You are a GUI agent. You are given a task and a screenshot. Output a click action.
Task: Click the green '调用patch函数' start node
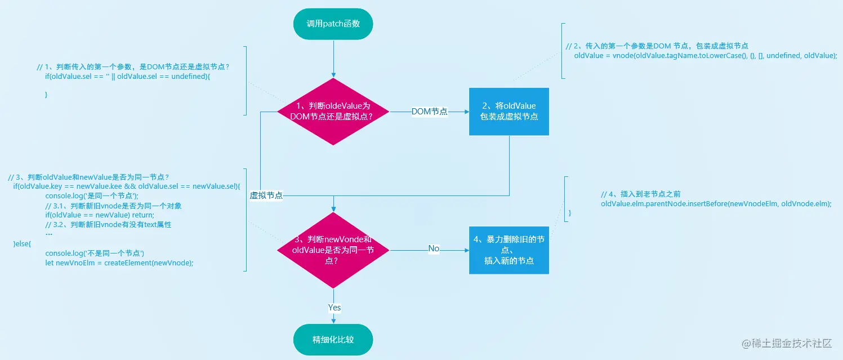click(x=333, y=24)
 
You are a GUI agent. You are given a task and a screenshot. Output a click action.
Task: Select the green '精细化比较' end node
click(x=333, y=340)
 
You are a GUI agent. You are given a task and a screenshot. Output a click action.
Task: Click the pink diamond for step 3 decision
click(x=333, y=250)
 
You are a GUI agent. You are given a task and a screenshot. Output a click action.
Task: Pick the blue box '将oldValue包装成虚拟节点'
click(x=509, y=112)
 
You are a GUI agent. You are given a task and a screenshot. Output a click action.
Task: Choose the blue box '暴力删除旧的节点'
click(x=509, y=250)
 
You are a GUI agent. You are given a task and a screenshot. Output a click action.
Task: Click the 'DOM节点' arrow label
click(x=429, y=112)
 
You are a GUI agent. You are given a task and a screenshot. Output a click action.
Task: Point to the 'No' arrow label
click(x=434, y=248)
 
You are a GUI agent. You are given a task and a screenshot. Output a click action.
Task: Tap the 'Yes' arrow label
click(x=334, y=308)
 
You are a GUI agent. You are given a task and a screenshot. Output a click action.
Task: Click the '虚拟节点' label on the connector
click(x=266, y=195)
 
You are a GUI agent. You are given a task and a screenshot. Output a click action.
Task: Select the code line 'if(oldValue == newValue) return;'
click(x=100, y=215)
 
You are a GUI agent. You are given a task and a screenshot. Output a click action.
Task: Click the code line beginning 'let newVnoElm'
click(x=119, y=263)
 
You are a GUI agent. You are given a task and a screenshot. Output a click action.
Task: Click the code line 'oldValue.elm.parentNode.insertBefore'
click(x=716, y=203)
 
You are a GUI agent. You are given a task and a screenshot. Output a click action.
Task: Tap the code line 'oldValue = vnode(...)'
click(x=705, y=56)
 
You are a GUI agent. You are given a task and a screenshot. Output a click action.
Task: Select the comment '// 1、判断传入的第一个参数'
click(x=133, y=66)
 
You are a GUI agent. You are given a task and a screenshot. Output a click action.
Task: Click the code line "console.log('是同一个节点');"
click(x=92, y=196)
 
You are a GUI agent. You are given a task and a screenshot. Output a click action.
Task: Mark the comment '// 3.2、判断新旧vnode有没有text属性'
click(x=108, y=225)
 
